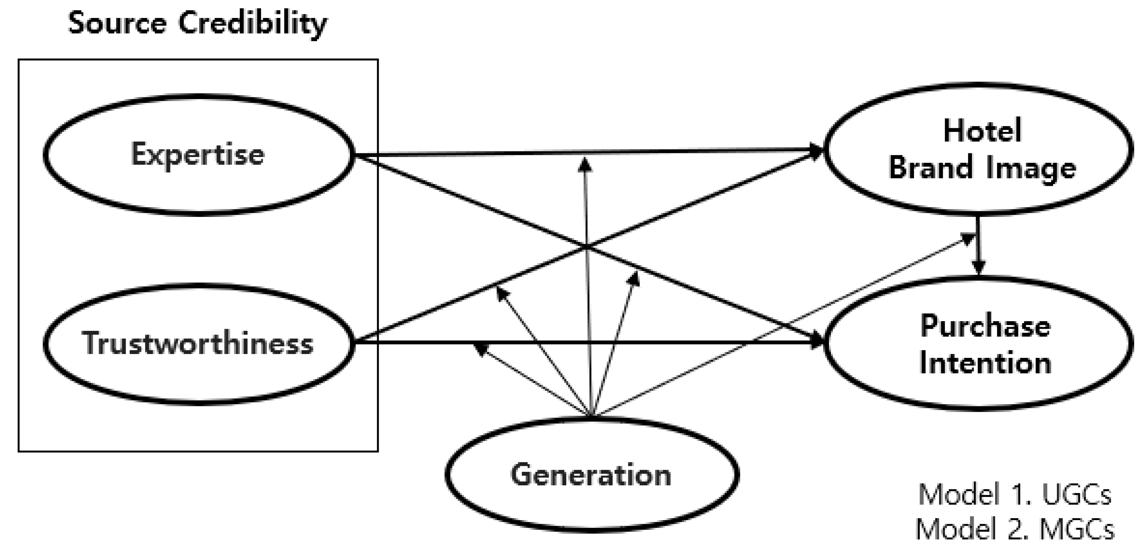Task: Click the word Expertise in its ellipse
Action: [x=198, y=155]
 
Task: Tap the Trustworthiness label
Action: [x=198, y=343]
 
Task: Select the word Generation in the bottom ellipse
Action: [x=591, y=474]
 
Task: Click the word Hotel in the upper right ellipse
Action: [x=982, y=131]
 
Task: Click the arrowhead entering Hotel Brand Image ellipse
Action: [x=817, y=151]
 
